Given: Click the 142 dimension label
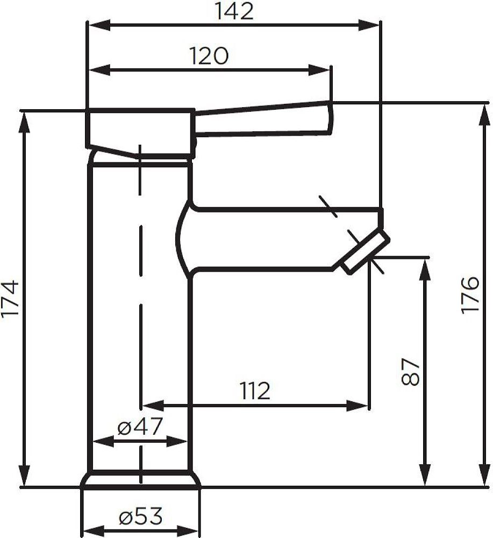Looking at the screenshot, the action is pyautogui.click(x=234, y=11).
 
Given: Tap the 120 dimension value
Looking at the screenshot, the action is pyautogui.click(x=209, y=55).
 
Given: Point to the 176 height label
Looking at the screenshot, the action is pyautogui.click(x=469, y=295).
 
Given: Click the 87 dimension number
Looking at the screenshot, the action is pyautogui.click(x=410, y=372).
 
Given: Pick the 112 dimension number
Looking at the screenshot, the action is pyautogui.click(x=255, y=391).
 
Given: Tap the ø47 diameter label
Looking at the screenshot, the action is pyautogui.click(x=139, y=427).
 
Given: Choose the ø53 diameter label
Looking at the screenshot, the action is pyautogui.click(x=140, y=516).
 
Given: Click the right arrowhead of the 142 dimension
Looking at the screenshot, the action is pyautogui.click(x=369, y=25).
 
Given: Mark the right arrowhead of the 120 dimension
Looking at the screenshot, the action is pyautogui.click(x=319, y=70).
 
